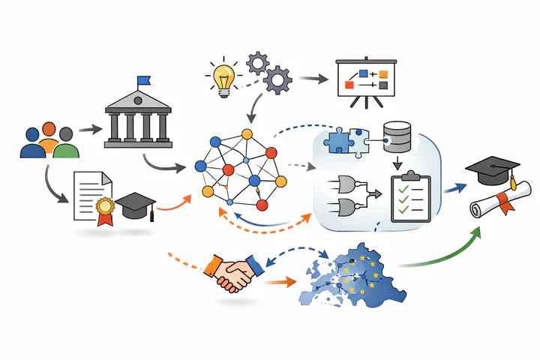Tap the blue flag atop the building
tap(142, 80)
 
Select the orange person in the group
tap(49, 139)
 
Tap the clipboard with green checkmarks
tap(410, 196)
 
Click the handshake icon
tap(233, 272)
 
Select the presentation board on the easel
tap(366, 79)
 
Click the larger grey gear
tap(278, 78)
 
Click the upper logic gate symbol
tap(348, 184)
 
